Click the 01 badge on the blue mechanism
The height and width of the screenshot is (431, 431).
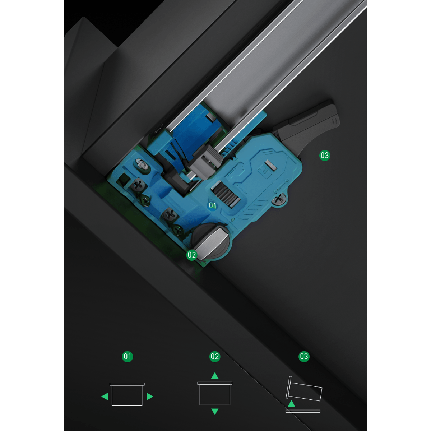(x=212, y=205)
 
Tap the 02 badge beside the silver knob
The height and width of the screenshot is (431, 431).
(x=192, y=255)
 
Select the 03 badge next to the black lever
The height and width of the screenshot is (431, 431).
(x=325, y=155)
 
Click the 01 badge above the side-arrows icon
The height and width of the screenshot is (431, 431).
(x=128, y=356)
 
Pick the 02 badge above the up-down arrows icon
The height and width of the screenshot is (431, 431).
(x=215, y=356)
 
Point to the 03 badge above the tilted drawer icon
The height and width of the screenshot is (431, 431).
(x=304, y=356)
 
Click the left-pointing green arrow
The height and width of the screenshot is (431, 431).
(x=105, y=397)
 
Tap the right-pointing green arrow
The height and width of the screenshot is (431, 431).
(x=150, y=397)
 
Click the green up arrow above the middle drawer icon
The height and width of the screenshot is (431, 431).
(x=215, y=376)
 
